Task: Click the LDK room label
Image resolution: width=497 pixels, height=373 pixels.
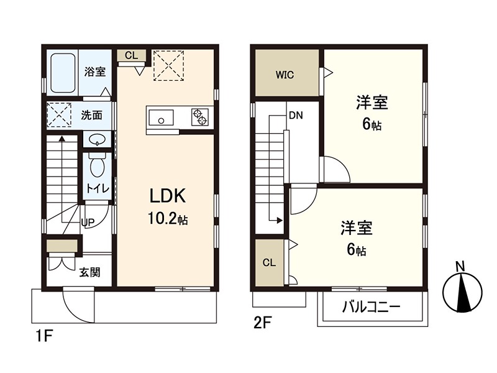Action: pos(167,196)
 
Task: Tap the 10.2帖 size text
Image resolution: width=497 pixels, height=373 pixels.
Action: pos(168,219)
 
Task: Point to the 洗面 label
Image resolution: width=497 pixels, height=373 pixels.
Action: pos(92,116)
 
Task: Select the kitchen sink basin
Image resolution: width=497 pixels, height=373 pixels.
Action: pos(162,116)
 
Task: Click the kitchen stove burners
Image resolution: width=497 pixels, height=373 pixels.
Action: pos(199,117)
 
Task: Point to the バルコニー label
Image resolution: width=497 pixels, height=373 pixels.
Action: pos(371,308)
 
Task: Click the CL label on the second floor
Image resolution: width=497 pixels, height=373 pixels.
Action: pos(268,262)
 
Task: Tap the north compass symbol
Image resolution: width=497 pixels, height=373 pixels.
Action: pos(462,289)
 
